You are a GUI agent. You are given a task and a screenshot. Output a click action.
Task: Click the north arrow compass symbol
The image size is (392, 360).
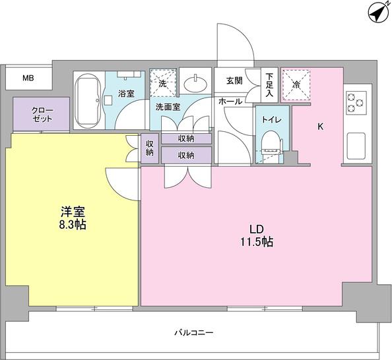[379, 13]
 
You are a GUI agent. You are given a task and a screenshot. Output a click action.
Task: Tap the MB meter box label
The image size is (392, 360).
[28, 78]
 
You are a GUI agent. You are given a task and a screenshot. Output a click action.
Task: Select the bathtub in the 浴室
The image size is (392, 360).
[88, 100]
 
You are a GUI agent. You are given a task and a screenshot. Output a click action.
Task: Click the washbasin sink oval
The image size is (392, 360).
[195, 84]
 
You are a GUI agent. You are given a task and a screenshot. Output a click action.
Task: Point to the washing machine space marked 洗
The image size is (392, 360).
[163, 83]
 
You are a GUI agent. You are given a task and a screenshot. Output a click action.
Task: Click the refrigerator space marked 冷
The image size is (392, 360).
[296, 84]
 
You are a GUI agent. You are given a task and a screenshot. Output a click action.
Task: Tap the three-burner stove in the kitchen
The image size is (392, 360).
[356, 103]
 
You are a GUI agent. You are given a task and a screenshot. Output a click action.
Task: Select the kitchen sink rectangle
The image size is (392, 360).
[356, 146]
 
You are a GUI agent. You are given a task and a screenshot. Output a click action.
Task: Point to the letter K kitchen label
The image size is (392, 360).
[321, 127]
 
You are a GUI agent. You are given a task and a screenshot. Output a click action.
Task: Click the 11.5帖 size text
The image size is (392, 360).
[257, 242]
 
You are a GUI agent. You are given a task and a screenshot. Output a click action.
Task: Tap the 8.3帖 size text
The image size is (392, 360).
[73, 225]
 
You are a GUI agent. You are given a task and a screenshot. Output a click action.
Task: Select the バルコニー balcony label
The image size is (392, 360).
[194, 333]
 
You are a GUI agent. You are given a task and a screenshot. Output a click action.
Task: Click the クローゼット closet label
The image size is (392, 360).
[42, 115]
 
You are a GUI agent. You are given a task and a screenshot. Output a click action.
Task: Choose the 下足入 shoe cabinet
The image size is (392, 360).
[269, 85]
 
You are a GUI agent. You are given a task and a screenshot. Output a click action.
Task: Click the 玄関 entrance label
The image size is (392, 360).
[234, 80]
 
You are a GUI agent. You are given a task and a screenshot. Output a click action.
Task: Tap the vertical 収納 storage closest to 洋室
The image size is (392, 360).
[150, 148]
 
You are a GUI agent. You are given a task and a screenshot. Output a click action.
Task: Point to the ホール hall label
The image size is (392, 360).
[230, 102]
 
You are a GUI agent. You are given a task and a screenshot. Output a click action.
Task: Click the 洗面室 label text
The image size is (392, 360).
[168, 107]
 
